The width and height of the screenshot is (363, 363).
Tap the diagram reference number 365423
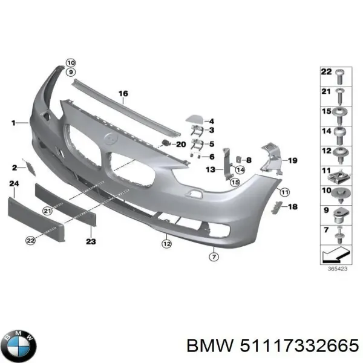pos(337,269)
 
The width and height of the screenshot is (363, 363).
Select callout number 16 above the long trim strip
pos(123,93)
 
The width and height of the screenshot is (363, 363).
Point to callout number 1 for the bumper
pos(13,123)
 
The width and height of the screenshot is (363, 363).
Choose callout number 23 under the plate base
pos(91,241)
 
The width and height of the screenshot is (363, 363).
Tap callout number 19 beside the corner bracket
pos(292,160)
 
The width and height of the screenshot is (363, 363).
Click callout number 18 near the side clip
pos(293,207)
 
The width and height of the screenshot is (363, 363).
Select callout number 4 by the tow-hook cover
pos(211,121)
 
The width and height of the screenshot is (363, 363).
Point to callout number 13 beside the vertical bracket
pos(209,170)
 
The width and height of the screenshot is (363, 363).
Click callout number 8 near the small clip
pos(248,160)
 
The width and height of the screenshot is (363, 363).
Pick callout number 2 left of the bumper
pos(14,167)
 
